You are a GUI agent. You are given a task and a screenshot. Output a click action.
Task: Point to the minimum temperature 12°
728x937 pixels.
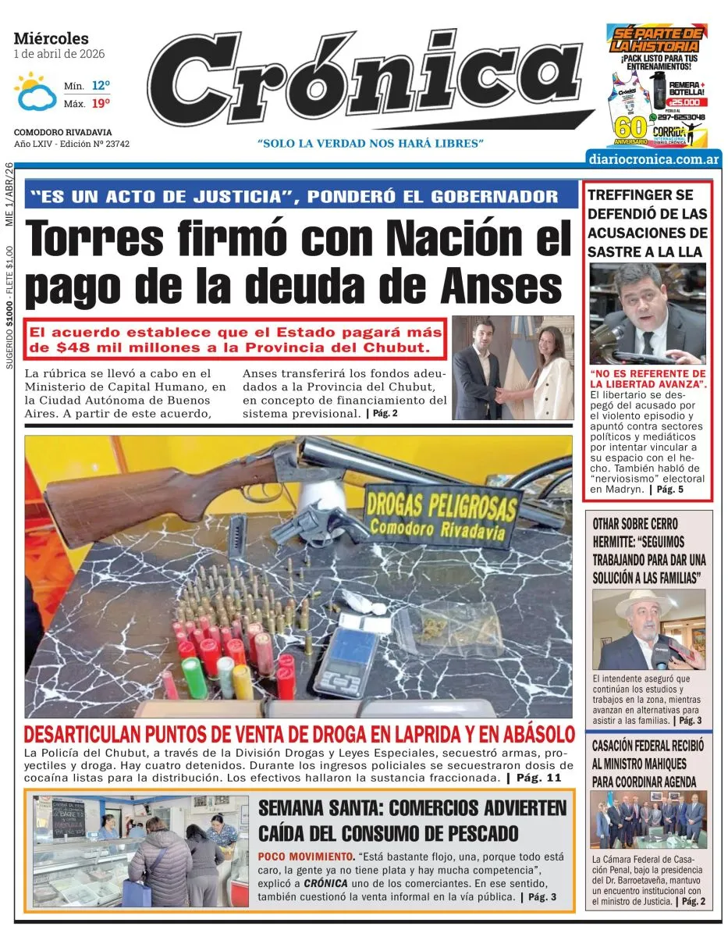point(100,85)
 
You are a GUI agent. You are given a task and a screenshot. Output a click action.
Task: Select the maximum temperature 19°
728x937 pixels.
point(100,102)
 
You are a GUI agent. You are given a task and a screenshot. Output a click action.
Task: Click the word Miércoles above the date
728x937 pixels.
point(51,38)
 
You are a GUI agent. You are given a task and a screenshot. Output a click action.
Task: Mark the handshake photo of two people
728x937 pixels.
point(512,367)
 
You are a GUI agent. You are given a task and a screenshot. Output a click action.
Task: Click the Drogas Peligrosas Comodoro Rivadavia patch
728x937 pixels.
point(440,515)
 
